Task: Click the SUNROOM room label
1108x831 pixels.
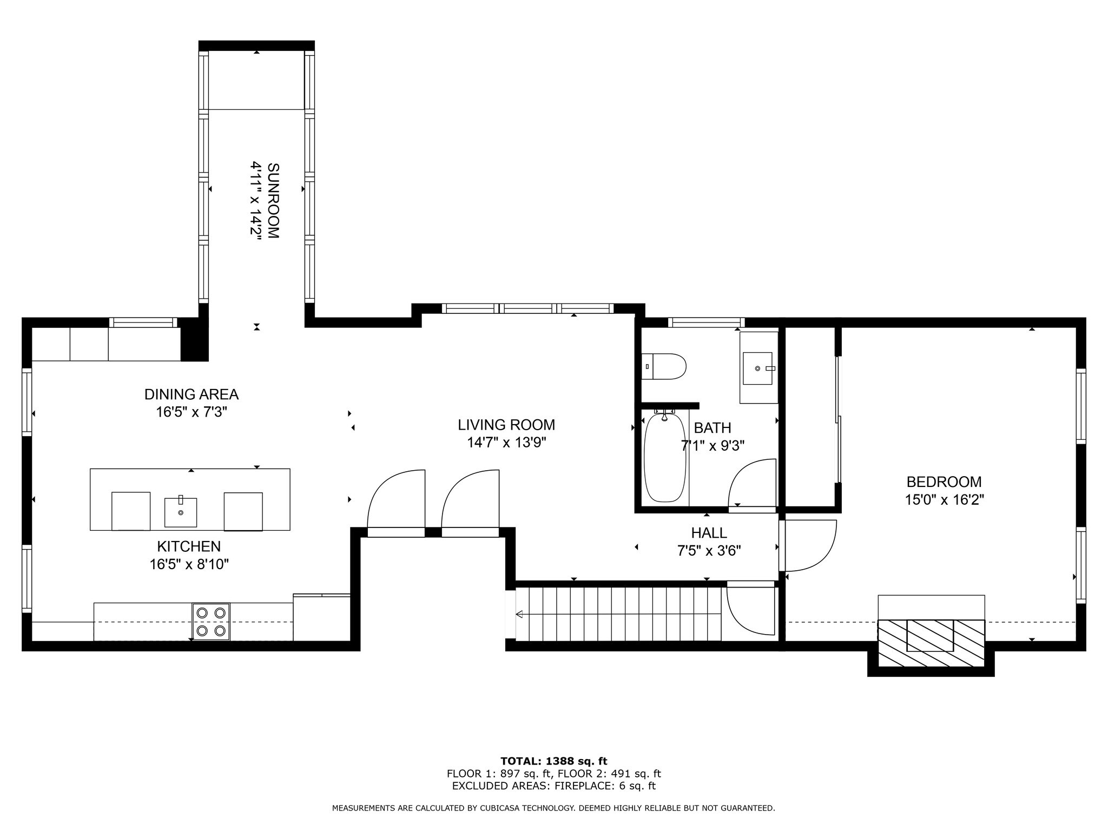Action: coord(273,201)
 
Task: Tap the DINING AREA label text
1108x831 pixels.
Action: coord(192,394)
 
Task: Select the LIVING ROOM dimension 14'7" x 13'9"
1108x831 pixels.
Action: coord(506,443)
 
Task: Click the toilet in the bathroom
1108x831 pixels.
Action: coord(664,367)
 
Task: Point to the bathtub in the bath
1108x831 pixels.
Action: coord(665,457)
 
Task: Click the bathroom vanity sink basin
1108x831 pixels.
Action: coord(757,368)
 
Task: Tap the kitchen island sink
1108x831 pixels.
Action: coord(181,512)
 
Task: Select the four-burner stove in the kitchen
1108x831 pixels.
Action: coord(211,622)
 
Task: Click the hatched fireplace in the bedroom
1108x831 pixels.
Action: coord(931,643)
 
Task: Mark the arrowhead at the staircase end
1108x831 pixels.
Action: coord(519,614)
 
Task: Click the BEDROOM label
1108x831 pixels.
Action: coord(944,482)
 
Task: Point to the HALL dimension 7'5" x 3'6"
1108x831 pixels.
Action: coord(709,551)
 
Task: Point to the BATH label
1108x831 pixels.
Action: coord(713,428)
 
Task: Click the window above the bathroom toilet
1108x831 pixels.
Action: coord(706,322)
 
